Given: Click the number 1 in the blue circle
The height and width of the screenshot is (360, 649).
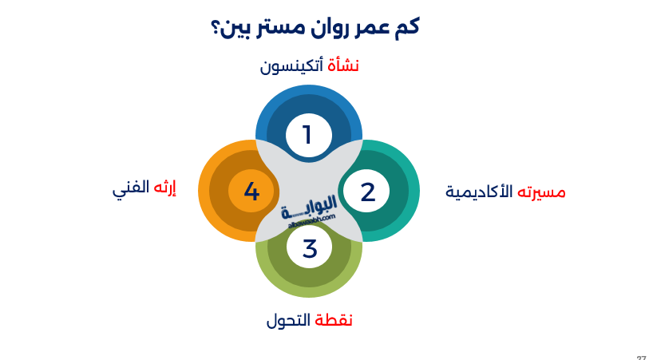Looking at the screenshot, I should point(307,135).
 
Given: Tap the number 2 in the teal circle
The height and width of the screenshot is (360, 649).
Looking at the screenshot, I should point(367,192).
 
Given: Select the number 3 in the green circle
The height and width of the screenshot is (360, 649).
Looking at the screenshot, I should point(310,249).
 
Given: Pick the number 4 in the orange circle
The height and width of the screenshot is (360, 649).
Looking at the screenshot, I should point(251,192).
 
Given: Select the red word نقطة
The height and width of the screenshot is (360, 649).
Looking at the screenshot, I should point(334,321).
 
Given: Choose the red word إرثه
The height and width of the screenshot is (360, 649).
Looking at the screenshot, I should point(164,189).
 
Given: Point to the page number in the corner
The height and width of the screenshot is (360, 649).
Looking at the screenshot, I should point(641,358).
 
